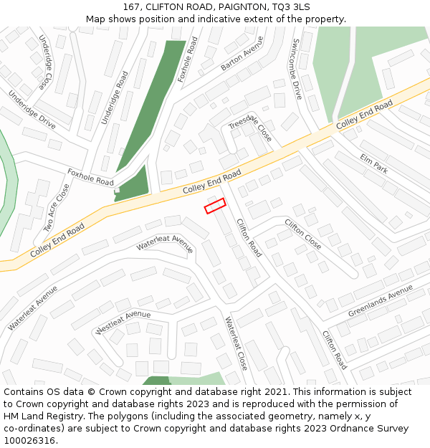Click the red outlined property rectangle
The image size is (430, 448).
pos(215,206)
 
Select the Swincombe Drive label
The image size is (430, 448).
pos(296,69)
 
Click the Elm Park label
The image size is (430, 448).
pos(374,163)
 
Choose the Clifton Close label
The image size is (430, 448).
pos(303,234)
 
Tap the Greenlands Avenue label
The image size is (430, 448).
pos(381,301)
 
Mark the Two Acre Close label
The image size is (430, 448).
pos(57,208)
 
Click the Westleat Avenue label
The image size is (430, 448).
pos(123,323)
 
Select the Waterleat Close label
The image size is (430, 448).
pos(236,343)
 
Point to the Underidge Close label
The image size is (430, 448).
pos(44,62)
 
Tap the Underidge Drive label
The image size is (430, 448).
pos(32,109)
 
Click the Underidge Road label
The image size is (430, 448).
pos(115,97)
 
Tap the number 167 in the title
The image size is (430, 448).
pos(131,6)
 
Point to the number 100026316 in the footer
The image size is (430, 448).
pos(29,441)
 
